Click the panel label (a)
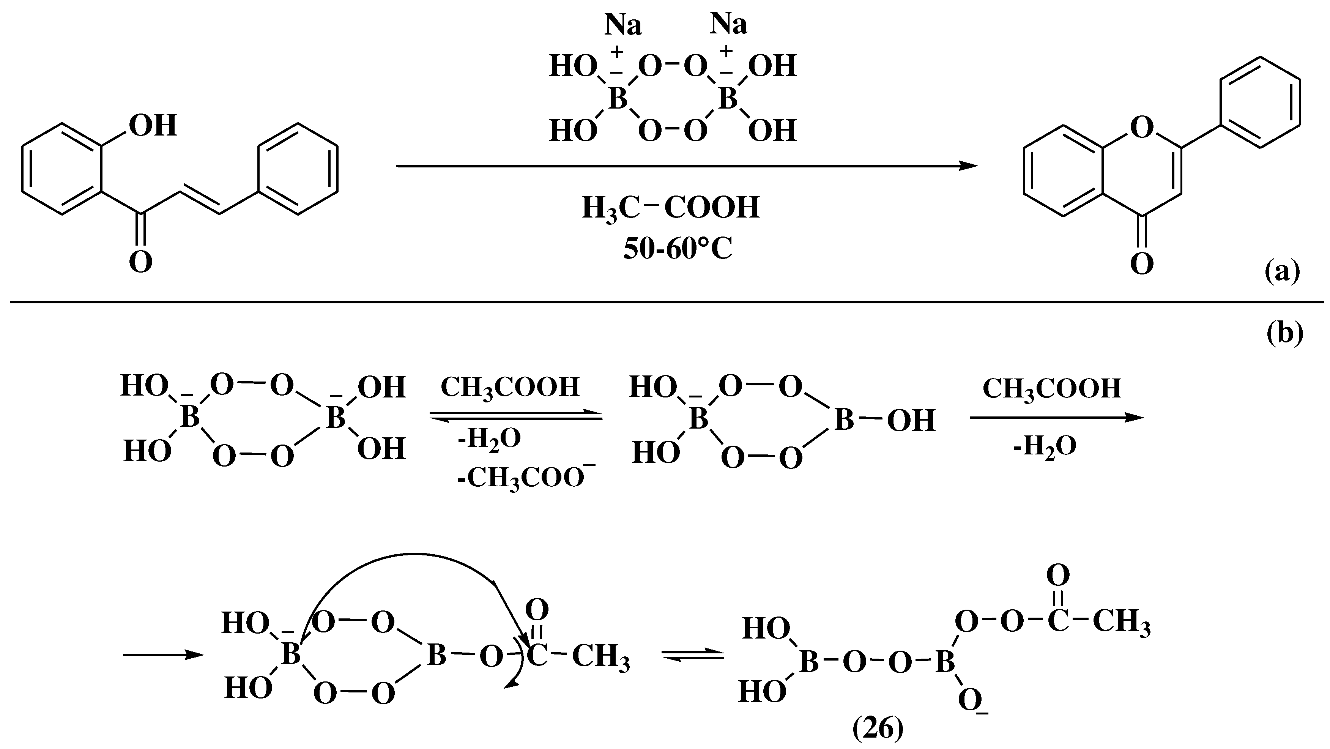[1282, 271]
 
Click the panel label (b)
[1284, 333]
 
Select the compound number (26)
[878, 729]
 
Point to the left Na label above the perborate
[622, 25]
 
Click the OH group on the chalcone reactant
[153, 126]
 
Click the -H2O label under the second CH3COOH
[1045, 445]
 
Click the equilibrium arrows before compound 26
[692, 655]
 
